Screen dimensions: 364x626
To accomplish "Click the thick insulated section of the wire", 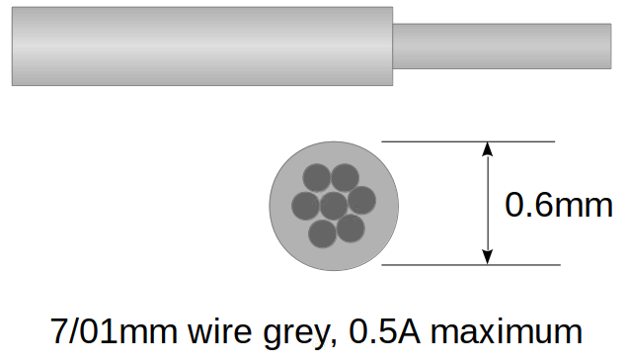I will point(202,45).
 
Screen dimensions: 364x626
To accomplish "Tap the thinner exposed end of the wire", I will point(502,45).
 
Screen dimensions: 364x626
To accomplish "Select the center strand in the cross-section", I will point(335,206).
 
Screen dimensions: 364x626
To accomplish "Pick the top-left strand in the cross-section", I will point(316,179).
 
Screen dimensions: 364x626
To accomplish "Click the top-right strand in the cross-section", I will point(345,178).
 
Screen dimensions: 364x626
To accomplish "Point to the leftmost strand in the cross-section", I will point(306,206).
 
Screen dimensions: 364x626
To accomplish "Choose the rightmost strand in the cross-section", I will point(362,200).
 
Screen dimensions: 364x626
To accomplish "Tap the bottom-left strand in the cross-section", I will point(322,233).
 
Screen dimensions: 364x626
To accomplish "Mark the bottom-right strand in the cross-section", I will point(351,228).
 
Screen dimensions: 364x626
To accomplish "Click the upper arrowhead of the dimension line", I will point(486,150).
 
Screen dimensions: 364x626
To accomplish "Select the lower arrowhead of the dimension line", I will point(486,256).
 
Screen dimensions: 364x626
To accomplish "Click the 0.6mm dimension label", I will point(559,205).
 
